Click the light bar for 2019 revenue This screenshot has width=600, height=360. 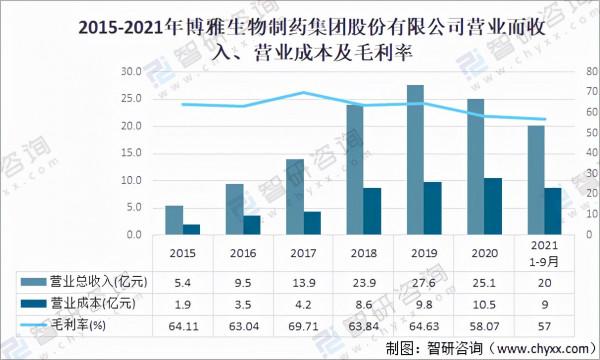[415, 160]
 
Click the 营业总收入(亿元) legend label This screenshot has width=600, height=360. [96, 283]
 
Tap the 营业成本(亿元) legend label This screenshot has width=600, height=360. [96, 304]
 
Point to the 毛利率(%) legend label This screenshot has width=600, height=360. [85, 325]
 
